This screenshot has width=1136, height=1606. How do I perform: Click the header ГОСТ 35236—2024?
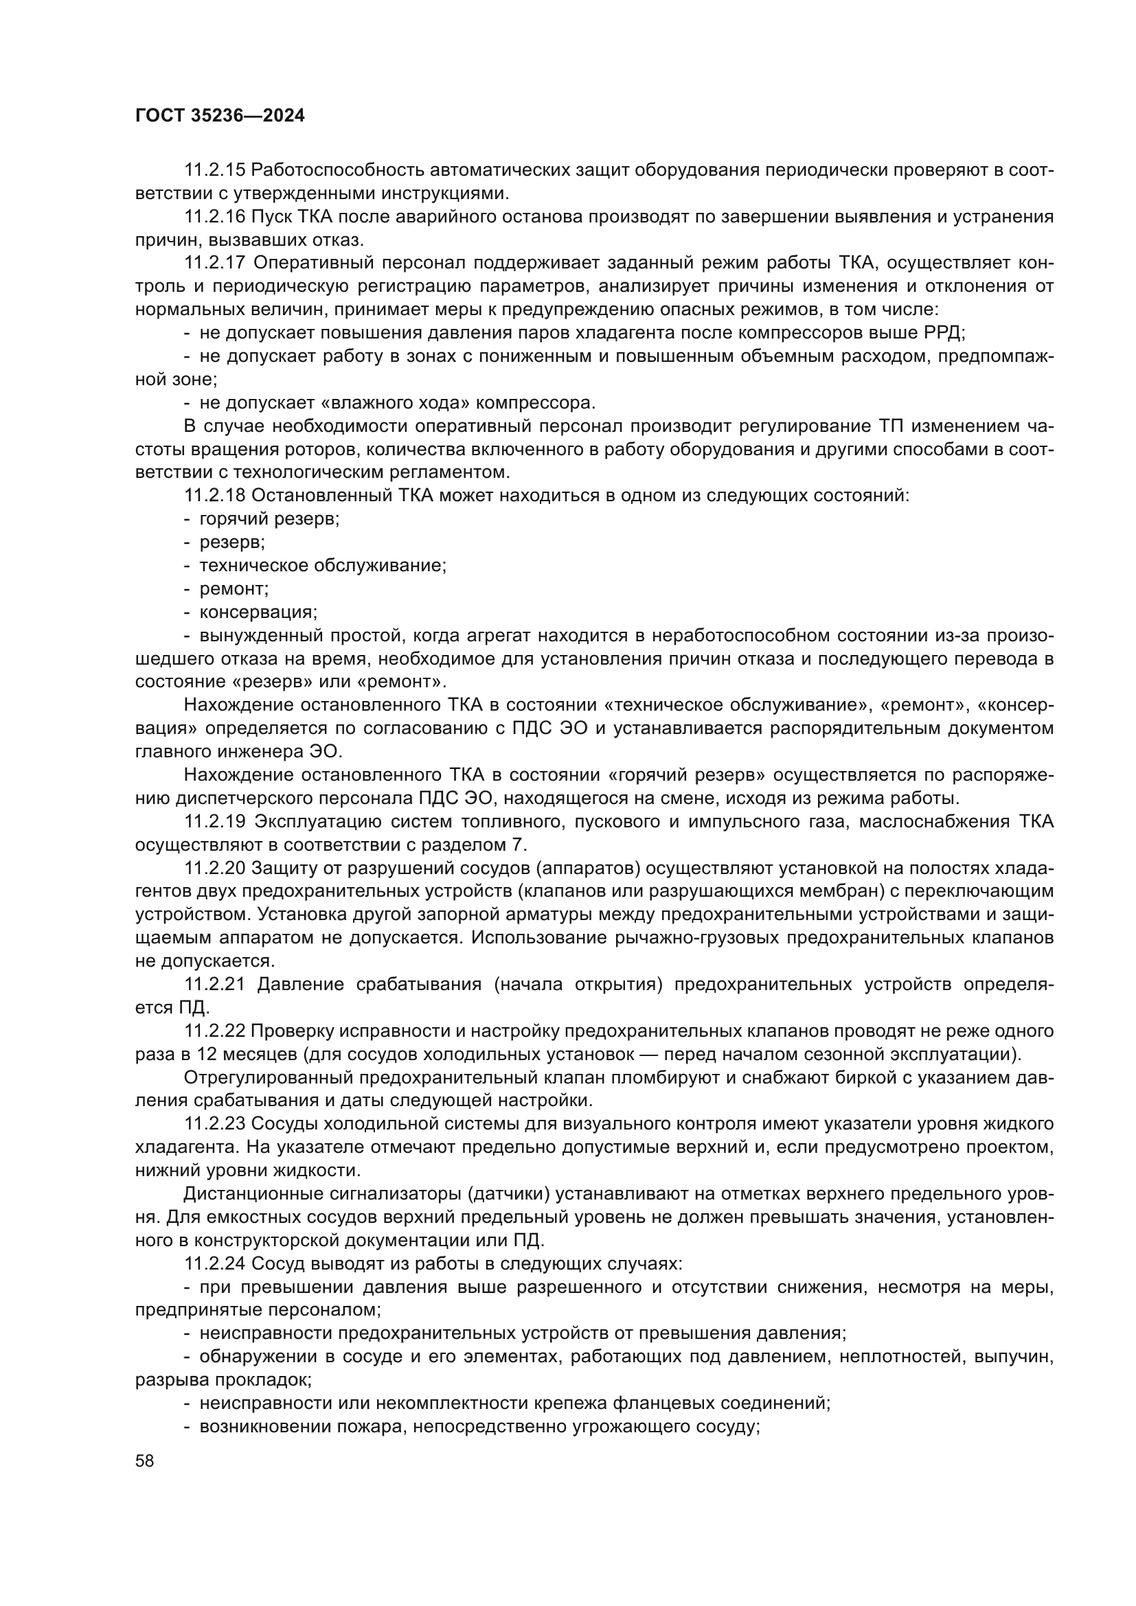(x=220, y=116)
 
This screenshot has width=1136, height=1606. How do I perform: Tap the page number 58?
(x=145, y=1460)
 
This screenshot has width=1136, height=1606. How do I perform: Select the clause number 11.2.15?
(x=214, y=170)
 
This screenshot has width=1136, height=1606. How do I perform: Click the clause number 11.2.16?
(x=214, y=217)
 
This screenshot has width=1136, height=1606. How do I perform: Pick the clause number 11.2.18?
(x=214, y=496)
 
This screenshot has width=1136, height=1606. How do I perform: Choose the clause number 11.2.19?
(x=215, y=821)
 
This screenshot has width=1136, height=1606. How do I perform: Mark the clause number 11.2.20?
(x=214, y=868)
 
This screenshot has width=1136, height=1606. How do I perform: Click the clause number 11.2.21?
(x=215, y=984)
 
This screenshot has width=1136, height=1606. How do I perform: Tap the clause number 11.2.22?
(x=214, y=1031)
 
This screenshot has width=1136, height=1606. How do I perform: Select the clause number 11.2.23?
(x=214, y=1124)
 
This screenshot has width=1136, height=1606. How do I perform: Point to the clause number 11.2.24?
(x=214, y=1264)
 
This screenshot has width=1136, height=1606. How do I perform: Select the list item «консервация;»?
(x=258, y=612)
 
